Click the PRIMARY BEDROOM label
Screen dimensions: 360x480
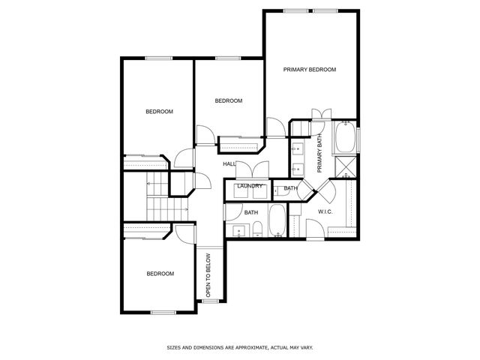click(309, 69)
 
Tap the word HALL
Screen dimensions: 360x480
click(229, 163)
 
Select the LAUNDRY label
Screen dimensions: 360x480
click(249, 186)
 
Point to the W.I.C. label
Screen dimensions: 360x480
click(325, 212)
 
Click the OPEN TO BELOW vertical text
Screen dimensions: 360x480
click(208, 276)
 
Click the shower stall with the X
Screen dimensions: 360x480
click(346, 168)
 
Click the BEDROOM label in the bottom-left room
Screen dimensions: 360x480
click(159, 274)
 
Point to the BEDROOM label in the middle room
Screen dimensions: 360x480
click(228, 100)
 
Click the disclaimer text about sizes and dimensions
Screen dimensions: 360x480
click(238, 347)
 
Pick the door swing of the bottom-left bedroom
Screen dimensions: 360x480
click(184, 232)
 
